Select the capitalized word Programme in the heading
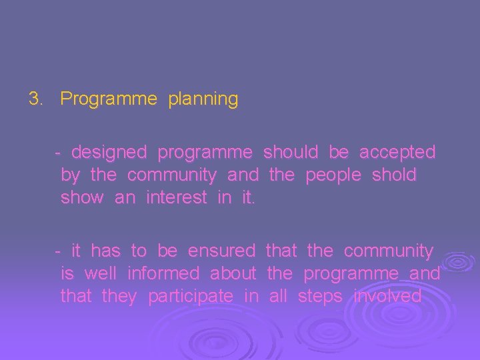pyautogui.click(x=109, y=100)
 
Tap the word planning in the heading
pyautogui.click(x=203, y=100)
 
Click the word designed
pyautogui.click(x=109, y=153)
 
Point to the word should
pyautogui.click(x=291, y=152)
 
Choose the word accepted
pyautogui.click(x=397, y=152)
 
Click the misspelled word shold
pyautogui.click(x=393, y=175)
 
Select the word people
pyautogui.click(x=333, y=176)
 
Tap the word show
pyautogui.click(x=82, y=198)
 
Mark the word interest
pyautogui.click(x=176, y=198)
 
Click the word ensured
pyautogui.click(x=221, y=251)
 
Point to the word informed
pyautogui.click(x=163, y=273)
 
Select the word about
pyautogui.click(x=233, y=273)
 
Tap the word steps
pyautogui.click(x=321, y=297)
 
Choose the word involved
pyautogui.click(x=388, y=296)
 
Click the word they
pyautogui.click(x=119, y=297)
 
